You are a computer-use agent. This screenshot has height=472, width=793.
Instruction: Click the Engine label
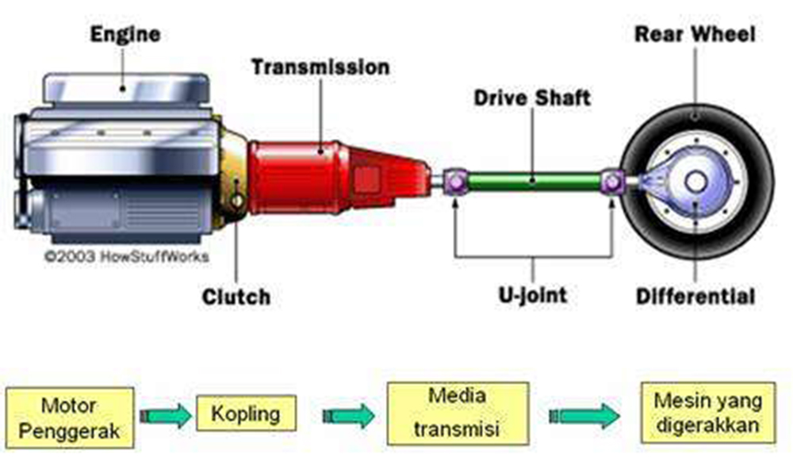[x=125, y=35]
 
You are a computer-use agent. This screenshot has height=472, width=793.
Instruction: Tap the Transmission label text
[x=320, y=67]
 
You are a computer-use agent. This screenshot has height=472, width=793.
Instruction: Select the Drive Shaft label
[x=532, y=98]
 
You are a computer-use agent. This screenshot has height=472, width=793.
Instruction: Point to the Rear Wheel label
[x=695, y=34]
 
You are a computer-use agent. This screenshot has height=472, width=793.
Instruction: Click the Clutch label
[x=236, y=297]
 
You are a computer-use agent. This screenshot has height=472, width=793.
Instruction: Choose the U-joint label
[x=531, y=296]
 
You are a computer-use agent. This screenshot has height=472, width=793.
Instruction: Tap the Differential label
[x=695, y=297]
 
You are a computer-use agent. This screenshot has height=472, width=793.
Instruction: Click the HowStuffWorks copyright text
[x=127, y=256]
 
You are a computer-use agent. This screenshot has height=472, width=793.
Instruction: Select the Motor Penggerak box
[x=70, y=418]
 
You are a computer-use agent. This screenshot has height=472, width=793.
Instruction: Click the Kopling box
[x=245, y=413]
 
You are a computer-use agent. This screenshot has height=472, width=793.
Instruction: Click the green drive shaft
[x=533, y=182]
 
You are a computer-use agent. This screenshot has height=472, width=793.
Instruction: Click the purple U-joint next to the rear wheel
[x=612, y=182]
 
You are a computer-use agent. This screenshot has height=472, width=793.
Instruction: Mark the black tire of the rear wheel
[x=753, y=182]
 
